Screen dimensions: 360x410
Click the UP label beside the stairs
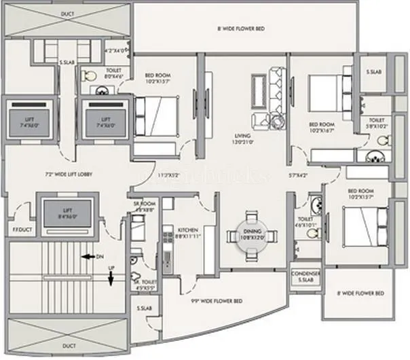(111, 270)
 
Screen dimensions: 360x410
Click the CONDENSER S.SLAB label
(305, 277)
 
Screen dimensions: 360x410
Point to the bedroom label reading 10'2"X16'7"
(322, 128)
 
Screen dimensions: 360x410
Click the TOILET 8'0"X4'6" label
(113, 74)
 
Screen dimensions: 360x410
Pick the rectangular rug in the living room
(257, 90)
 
